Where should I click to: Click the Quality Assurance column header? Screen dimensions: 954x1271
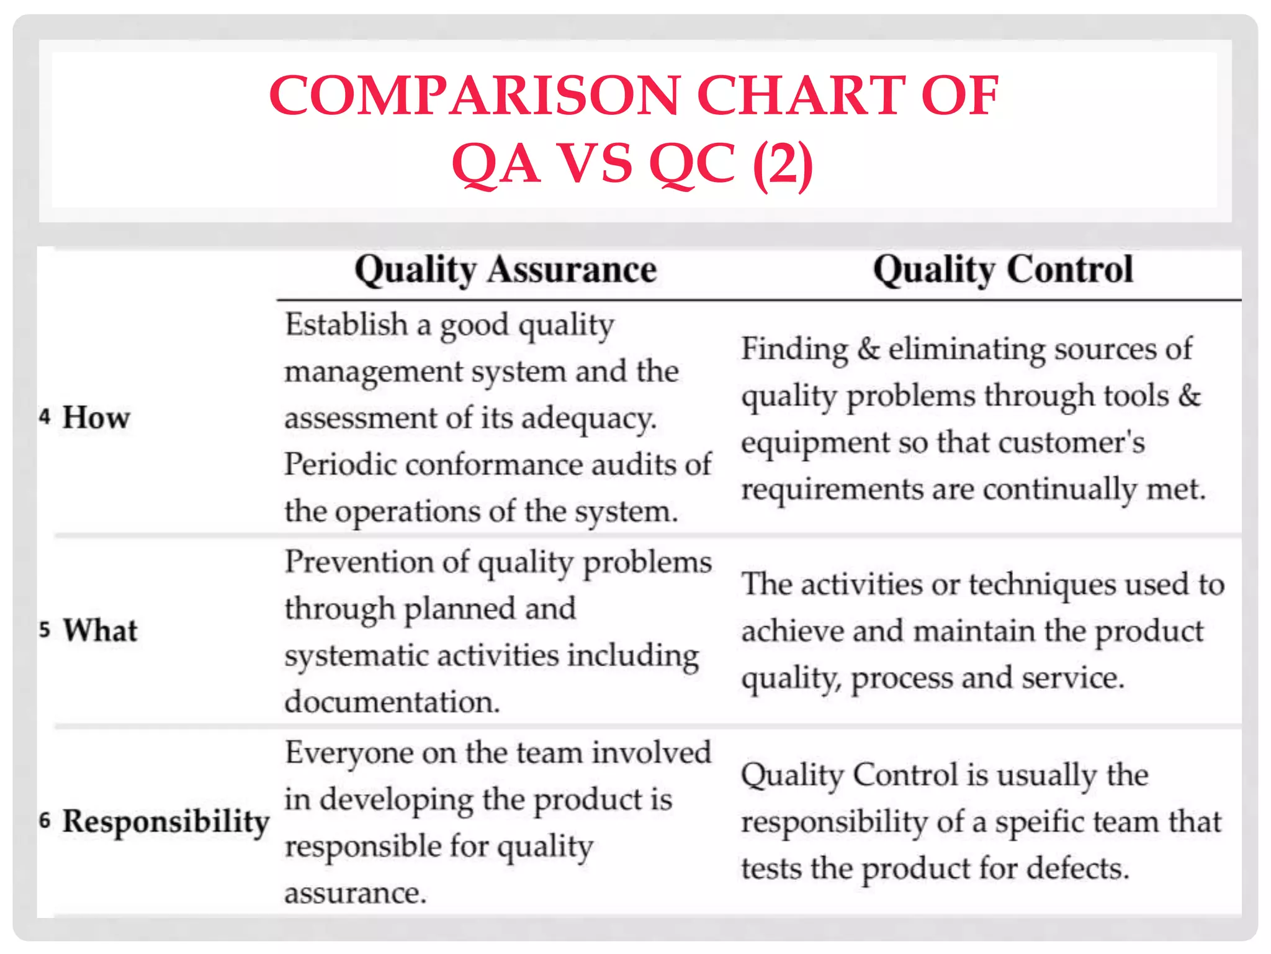click(505, 270)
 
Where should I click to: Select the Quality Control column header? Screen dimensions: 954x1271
click(1003, 270)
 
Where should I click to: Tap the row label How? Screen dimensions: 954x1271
click(96, 417)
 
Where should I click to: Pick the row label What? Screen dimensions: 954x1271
click(100, 630)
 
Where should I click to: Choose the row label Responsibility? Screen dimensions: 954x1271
click(166, 822)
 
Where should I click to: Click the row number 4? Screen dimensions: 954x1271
click(44, 416)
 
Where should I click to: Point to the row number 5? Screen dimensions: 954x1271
click(44, 630)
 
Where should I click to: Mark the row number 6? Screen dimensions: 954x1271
click(44, 820)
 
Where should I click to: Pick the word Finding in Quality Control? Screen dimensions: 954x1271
click(794, 349)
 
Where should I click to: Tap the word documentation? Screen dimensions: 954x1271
click(392, 702)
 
